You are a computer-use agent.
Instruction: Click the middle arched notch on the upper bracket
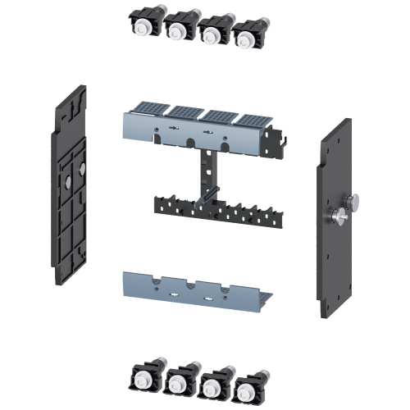click(x=189, y=140)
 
